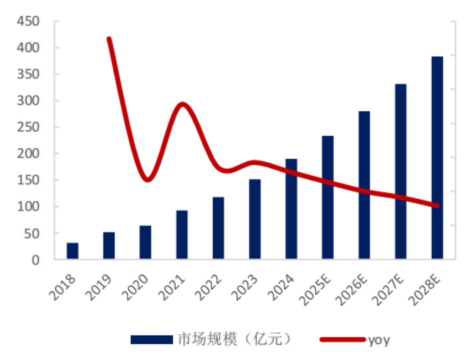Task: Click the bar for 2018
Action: click(x=72, y=251)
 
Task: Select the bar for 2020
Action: click(x=145, y=242)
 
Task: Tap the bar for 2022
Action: click(x=218, y=228)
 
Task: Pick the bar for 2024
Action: click(x=291, y=209)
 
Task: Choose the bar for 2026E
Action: click(x=364, y=185)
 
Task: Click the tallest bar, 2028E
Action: click(x=437, y=158)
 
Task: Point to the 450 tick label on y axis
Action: click(x=28, y=21)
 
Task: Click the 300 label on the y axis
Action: click(x=28, y=100)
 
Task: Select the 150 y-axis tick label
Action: click(x=28, y=180)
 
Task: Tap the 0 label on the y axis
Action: click(x=35, y=260)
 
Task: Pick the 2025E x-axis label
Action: click(x=315, y=290)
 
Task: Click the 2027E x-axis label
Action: click(x=388, y=290)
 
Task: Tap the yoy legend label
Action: click(x=379, y=340)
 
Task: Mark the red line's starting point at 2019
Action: click(x=109, y=39)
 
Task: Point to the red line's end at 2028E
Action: click(x=437, y=206)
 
